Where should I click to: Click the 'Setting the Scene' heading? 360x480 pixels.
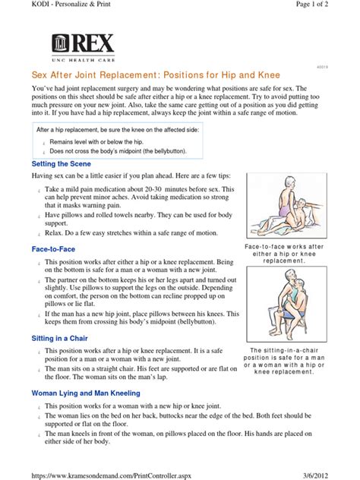coord(62,163)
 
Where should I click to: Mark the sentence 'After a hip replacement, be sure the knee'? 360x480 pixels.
coord(124,130)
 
